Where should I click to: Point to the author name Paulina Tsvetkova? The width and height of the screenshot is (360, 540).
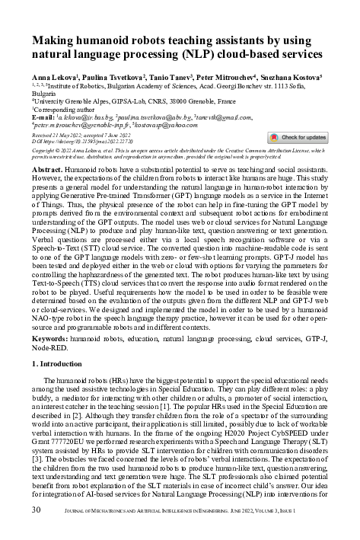[104, 78]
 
